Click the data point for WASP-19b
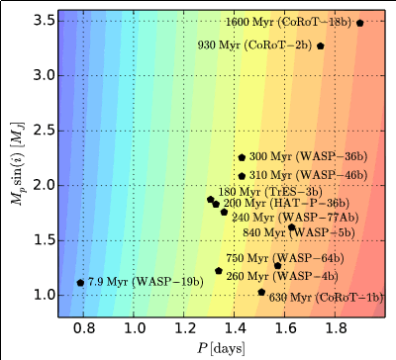point(80,283)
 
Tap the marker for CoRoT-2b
point(321,46)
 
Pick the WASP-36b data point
point(242,157)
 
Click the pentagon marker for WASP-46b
point(242,176)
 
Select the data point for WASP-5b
point(291,227)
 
